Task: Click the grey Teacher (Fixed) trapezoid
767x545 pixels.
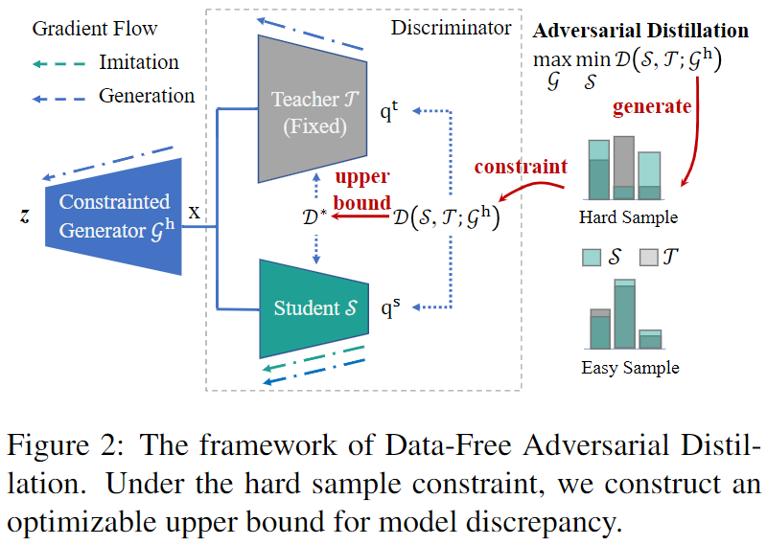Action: (312, 111)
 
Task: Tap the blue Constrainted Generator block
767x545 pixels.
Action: (113, 215)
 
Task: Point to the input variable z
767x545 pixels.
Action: (25, 216)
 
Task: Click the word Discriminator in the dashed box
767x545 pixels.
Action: (451, 28)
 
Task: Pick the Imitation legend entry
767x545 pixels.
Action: (139, 62)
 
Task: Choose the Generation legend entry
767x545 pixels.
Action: (146, 96)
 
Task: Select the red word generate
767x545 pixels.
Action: (651, 105)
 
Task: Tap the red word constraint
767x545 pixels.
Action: (521, 166)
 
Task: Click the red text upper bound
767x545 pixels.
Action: (361, 190)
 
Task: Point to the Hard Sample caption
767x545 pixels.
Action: (628, 217)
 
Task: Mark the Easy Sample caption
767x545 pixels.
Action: (630, 367)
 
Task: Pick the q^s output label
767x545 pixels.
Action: (390, 308)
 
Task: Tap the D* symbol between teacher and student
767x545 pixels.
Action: (313, 219)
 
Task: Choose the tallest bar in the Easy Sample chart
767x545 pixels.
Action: (624, 314)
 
